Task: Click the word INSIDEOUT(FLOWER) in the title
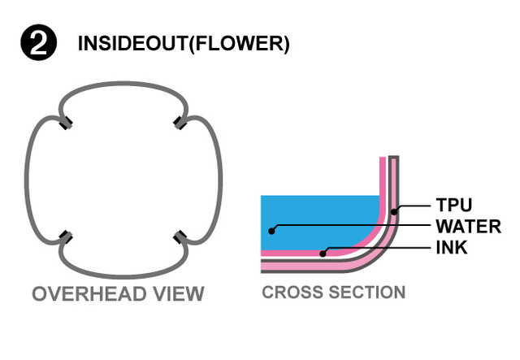pos(183,44)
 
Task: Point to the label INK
pos(452,248)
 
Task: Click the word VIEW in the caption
pos(181,293)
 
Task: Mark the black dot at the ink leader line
pos(323,254)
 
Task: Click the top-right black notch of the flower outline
pos(179,123)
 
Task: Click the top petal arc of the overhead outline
pos(123,82)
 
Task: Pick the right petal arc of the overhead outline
pos(219,180)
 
